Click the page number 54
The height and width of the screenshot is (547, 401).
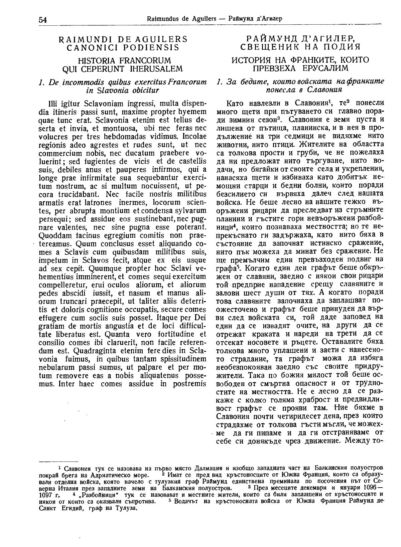(x=43, y=19)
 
